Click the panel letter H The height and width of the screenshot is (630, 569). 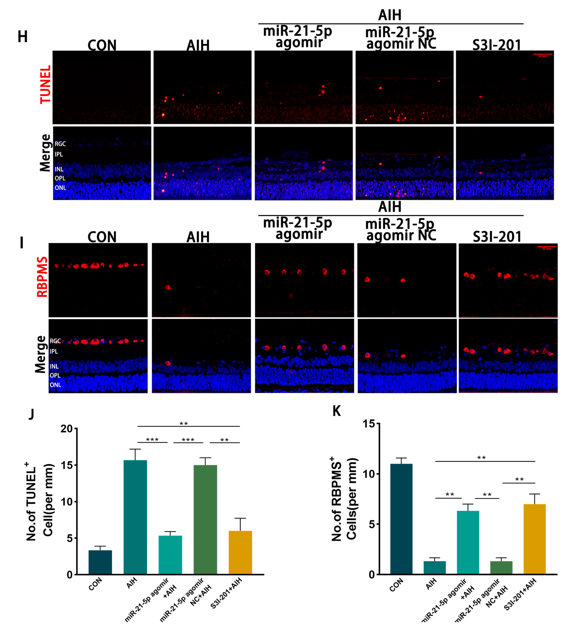(23, 37)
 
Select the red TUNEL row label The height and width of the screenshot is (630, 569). (46, 84)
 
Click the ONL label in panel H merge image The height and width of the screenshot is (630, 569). (60, 188)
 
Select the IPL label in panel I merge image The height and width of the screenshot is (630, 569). (54, 352)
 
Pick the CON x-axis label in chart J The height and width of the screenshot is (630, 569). (95, 584)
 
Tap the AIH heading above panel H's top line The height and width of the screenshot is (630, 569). (390, 15)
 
